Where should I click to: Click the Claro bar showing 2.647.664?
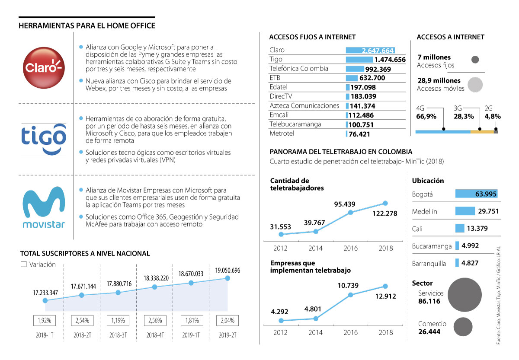click(x=370, y=50)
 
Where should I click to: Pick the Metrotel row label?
click(x=282, y=134)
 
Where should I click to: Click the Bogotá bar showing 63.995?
click(x=476, y=194)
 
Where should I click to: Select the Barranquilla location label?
click(x=429, y=263)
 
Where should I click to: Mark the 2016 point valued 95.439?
click(x=351, y=212)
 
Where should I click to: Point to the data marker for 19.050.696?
click(x=227, y=278)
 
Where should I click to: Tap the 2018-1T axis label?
click(x=45, y=335)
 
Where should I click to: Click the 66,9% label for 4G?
click(x=426, y=116)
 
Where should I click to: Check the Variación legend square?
click(x=24, y=264)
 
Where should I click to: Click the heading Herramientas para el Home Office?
click(x=87, y=26)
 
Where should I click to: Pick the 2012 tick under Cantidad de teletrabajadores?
click(x=280, y=248)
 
